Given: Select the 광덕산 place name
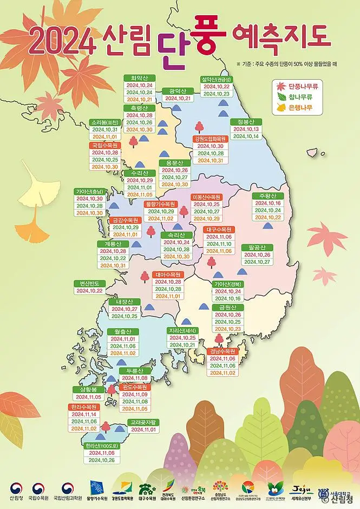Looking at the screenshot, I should (178, 90).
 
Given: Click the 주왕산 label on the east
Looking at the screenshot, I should (267, 195).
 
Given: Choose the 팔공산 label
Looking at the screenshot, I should (257, 246).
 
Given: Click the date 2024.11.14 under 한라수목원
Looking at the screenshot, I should (83, 414).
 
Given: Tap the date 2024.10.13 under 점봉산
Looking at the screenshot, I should (246, 129).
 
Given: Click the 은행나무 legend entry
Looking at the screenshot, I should (300, 108).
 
